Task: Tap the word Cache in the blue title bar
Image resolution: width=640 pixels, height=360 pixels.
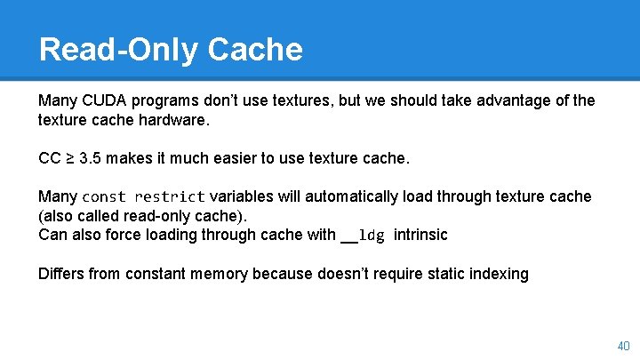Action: pyautogui.click(x=255, y=49)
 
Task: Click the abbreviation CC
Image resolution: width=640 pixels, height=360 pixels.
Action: pyautogui.click(x=50, y=159)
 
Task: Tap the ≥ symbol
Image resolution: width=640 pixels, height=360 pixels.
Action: pyautogui.click(x=70, y=159)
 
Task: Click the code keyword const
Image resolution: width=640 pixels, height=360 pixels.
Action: pyautogui.click(x=105, y=196)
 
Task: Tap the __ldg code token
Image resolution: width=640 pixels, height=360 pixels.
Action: pyautogui.click(x=363, y=236)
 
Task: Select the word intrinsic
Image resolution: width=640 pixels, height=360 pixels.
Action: pyautogui.click(x=420, y=236)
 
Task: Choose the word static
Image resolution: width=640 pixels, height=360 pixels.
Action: pyautogui.click(x=430, y=274)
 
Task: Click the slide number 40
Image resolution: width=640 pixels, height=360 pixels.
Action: pyautogui.click(x=622, y=345)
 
